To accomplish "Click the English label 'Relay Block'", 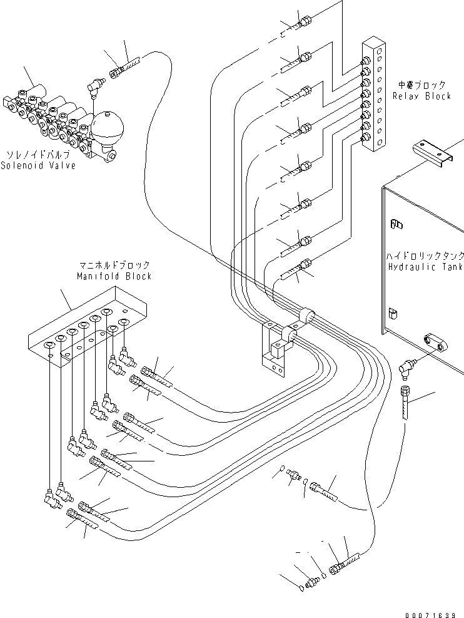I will click(x=422, y=96).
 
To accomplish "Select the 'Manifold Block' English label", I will click(x=114, y=276).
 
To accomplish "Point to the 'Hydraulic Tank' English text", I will click(x=425, y=267).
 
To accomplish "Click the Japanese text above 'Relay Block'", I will click(x=422, y=85).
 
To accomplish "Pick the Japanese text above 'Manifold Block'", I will click(x=114, y=265).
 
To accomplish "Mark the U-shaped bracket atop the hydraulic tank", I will click(x=431, y=153).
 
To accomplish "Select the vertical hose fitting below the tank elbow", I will click(x=405, y=401).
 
